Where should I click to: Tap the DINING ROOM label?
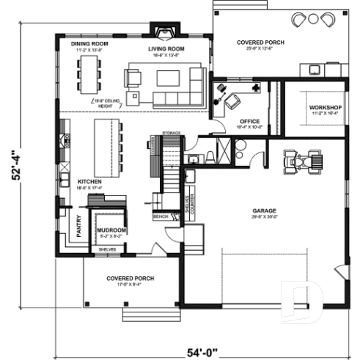click(x=89, y=44)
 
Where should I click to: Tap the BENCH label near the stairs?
click(x=161, y=217)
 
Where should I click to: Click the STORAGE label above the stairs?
click(x=171, y=133)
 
